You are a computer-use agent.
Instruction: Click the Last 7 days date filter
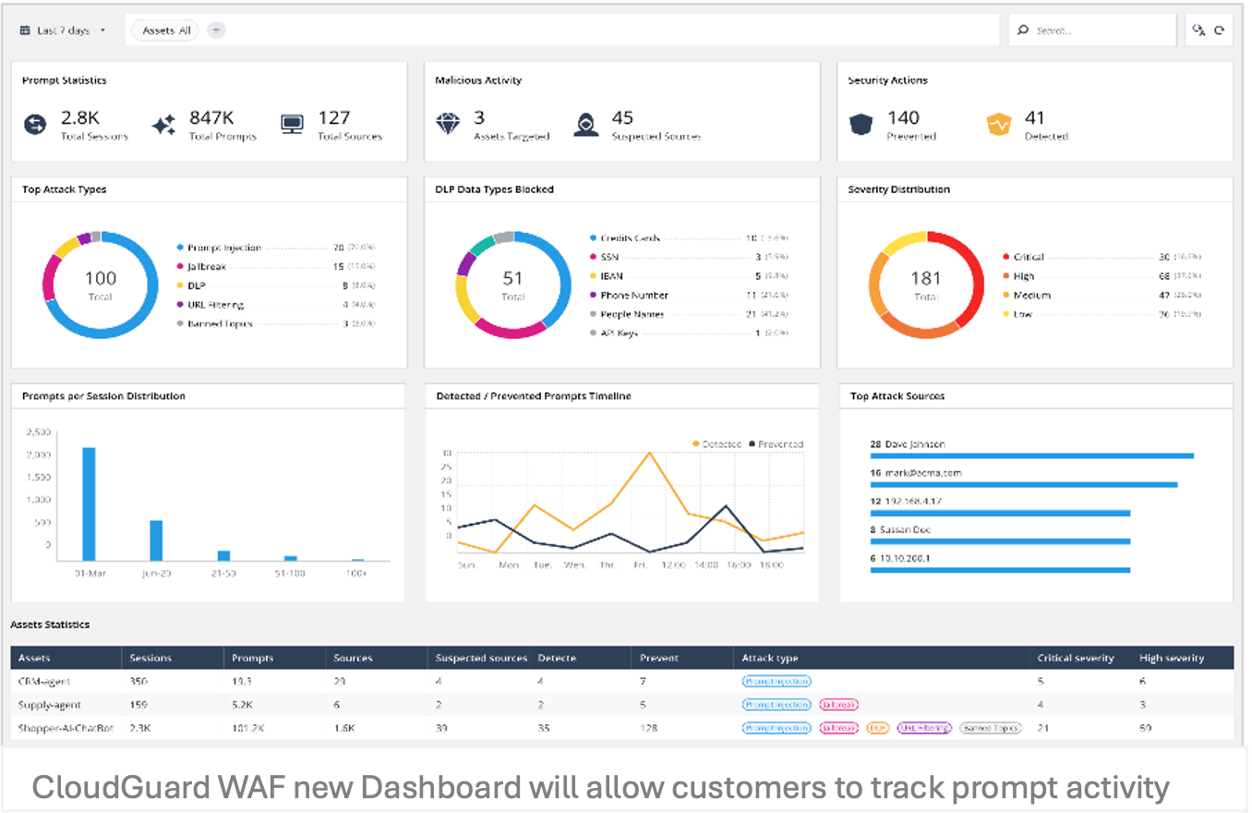(63, 30)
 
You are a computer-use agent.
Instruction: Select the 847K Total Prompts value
(211, 117)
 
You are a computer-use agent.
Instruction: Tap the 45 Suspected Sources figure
(622, 117)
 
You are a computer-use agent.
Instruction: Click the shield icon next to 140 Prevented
(861, 124)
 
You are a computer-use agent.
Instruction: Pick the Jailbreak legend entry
(207, 267)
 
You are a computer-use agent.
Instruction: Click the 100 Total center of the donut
(100, 284)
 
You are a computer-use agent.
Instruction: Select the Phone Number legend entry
(633, 296)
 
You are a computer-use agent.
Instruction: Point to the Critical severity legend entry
(1029, 257)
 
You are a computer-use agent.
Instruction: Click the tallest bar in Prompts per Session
(89, 504)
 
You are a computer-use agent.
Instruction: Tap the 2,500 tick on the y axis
(38, 432)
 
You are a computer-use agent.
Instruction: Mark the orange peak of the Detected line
(650, 453)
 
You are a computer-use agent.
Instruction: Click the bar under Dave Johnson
(1031, 455)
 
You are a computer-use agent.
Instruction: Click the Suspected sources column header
(481, 658)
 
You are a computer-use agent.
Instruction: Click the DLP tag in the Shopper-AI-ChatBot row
(877, 728)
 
